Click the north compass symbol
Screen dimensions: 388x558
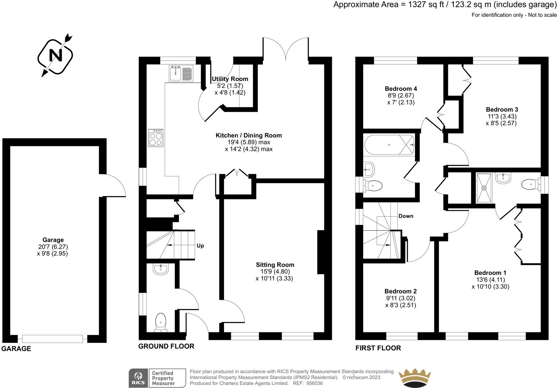(x=55, y=56)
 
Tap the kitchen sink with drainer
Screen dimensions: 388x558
(x=181, y=73)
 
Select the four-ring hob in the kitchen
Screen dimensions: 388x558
(x=156, y=138)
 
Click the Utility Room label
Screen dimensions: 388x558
(x=230, y=79)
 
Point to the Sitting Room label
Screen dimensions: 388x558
(x=275, y=265)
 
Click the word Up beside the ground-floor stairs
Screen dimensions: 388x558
(x=200, y=246)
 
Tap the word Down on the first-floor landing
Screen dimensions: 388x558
(x=406, y=216)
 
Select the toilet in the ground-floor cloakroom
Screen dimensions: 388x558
(x=160, y=322)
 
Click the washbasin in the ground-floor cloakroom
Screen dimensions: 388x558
(x=160, y=269)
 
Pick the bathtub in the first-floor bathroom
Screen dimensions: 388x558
(x=389, y=145)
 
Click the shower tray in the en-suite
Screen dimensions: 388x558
(x=484, y=188)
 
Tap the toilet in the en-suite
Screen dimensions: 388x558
(x=531, y=185)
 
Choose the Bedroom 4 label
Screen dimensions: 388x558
(x=401, y=89)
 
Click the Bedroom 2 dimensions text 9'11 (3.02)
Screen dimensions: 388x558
(x=401, y=298)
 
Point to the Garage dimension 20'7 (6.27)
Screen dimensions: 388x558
(x=53, y=247)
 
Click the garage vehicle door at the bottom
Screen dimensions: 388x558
(x=52, y=338)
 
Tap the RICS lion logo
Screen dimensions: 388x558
(x=138, y=378)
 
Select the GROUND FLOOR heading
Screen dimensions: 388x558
(x=166, y=346)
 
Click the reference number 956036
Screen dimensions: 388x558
(x=313, y=383)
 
